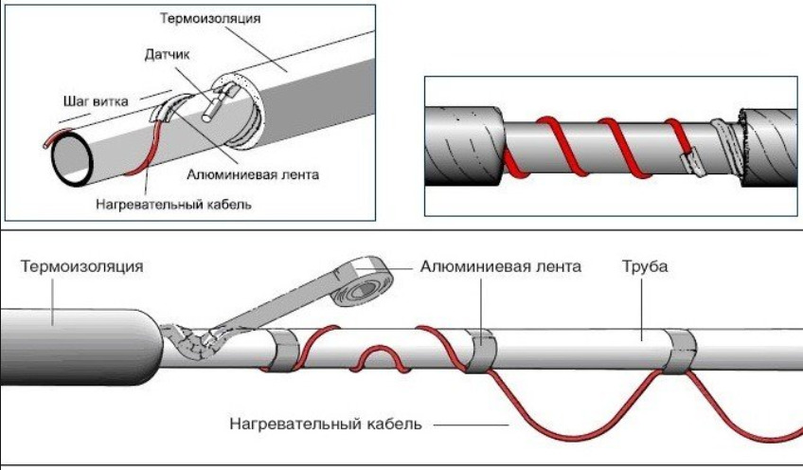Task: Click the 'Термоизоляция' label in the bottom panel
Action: coord(82,266)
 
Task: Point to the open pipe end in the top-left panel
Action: coord(71,155)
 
